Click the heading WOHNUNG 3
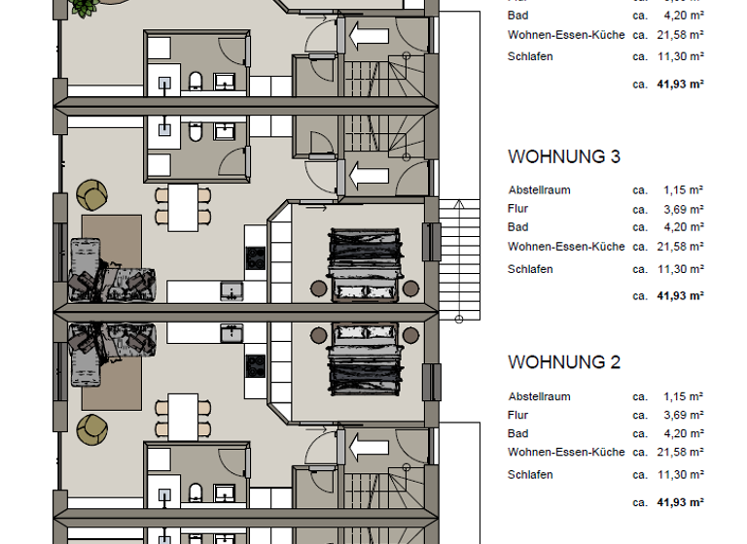[564, 156]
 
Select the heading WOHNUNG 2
[564, 362]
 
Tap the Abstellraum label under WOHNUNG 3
[539, 190]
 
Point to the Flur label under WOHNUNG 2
[518, 415]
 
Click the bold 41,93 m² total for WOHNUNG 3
[680, 295]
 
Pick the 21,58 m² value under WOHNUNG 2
[683, 453]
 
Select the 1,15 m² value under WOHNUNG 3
[683, 190]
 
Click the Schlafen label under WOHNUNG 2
[530, 475]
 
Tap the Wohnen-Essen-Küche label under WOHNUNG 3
[566, 247]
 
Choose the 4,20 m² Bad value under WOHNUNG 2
[683, 434]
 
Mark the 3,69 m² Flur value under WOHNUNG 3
[683, 209]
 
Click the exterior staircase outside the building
[460, 258]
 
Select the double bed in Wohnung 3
[366, 263]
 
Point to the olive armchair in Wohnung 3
[92, 194]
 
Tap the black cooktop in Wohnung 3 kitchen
[255, 256]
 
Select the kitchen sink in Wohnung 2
[232, 333]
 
